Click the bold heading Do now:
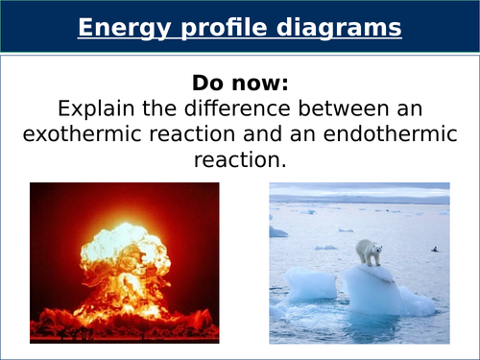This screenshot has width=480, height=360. pos(240,81)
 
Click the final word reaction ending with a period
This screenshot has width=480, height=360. pos(240,160)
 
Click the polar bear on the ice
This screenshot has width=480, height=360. pos(369,252)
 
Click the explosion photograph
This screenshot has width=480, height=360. pos(124,263)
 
